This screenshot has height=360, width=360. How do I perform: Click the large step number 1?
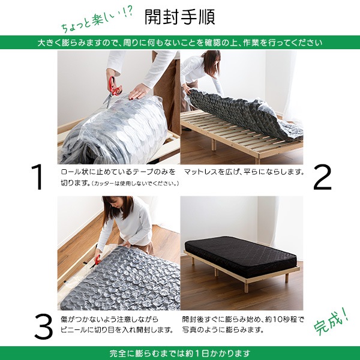click(x=38, y=177)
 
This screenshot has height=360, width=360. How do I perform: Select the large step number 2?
click(x=322, y=177)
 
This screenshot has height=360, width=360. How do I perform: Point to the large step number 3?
click(x=43, y=326)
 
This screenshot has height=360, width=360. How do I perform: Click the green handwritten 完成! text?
click(x=332, y=324)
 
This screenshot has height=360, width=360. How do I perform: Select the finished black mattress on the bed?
click(x=240, y=255)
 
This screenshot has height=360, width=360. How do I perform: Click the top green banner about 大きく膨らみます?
click(x=180, y=43)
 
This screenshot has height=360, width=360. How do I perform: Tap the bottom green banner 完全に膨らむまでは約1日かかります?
click(x=180, y=353)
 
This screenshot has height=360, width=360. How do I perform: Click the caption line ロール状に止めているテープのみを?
click(x=118, y=172)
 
